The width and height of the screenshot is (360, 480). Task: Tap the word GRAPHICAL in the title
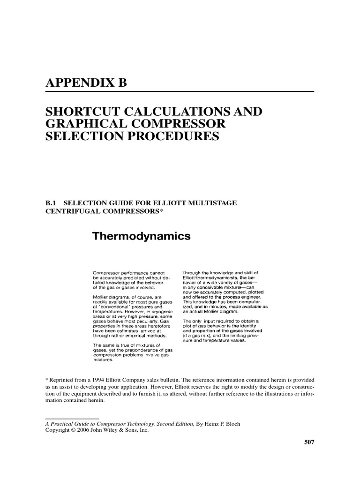pos(85,124)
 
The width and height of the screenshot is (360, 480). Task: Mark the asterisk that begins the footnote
pos(46,379)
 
